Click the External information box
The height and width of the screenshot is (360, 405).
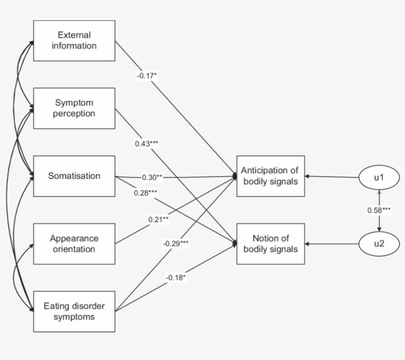[74, 41]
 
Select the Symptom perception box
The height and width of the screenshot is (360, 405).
[74, 108]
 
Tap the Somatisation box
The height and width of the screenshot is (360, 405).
[74, 176]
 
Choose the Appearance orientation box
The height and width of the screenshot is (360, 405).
[74, 244]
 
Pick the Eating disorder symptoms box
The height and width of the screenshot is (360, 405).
[74, 312]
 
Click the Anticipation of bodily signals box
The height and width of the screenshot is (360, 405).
[270, 176]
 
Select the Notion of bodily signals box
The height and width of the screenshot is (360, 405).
[270, 244]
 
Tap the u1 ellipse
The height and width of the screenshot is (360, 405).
[379, 176]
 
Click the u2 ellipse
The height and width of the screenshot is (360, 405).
[379, 244]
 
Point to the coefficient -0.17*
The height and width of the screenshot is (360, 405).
[147, 76]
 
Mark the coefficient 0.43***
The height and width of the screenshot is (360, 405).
[147, 143]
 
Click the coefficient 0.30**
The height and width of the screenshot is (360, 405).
[153, 177]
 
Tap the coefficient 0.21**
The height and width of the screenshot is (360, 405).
[159, 219]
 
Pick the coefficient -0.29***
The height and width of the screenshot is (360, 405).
[175, 243]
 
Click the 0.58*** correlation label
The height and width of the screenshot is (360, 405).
[379, 210]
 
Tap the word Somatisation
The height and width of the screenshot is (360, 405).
[74, 176]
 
